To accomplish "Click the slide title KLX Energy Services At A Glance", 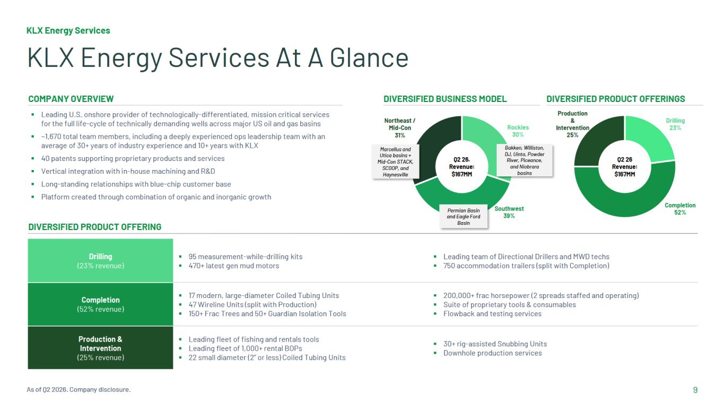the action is point(218,57).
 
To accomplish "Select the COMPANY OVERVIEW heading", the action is point(71,99).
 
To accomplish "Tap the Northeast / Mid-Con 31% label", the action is point(399,128).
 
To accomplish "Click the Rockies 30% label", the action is point(518,131).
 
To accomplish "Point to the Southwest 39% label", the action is point(509,212).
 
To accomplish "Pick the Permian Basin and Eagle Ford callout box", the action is point(464,217).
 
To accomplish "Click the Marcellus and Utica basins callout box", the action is point(395,161).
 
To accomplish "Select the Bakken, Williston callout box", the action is point(524,160).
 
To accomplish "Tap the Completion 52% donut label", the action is point(680,209).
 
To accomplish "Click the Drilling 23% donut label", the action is point(675,124).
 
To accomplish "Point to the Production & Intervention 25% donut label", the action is point(572,124).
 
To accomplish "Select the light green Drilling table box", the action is point(100,261).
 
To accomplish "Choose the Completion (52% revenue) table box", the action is point(100,304).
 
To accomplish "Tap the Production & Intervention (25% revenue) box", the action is point(100,348).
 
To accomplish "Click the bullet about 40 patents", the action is point(133,158).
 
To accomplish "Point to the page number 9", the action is point(695,390).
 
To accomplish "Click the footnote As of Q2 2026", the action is point(78,389).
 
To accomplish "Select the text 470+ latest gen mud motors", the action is point(234,266).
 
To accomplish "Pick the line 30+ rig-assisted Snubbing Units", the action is point(495,344).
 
